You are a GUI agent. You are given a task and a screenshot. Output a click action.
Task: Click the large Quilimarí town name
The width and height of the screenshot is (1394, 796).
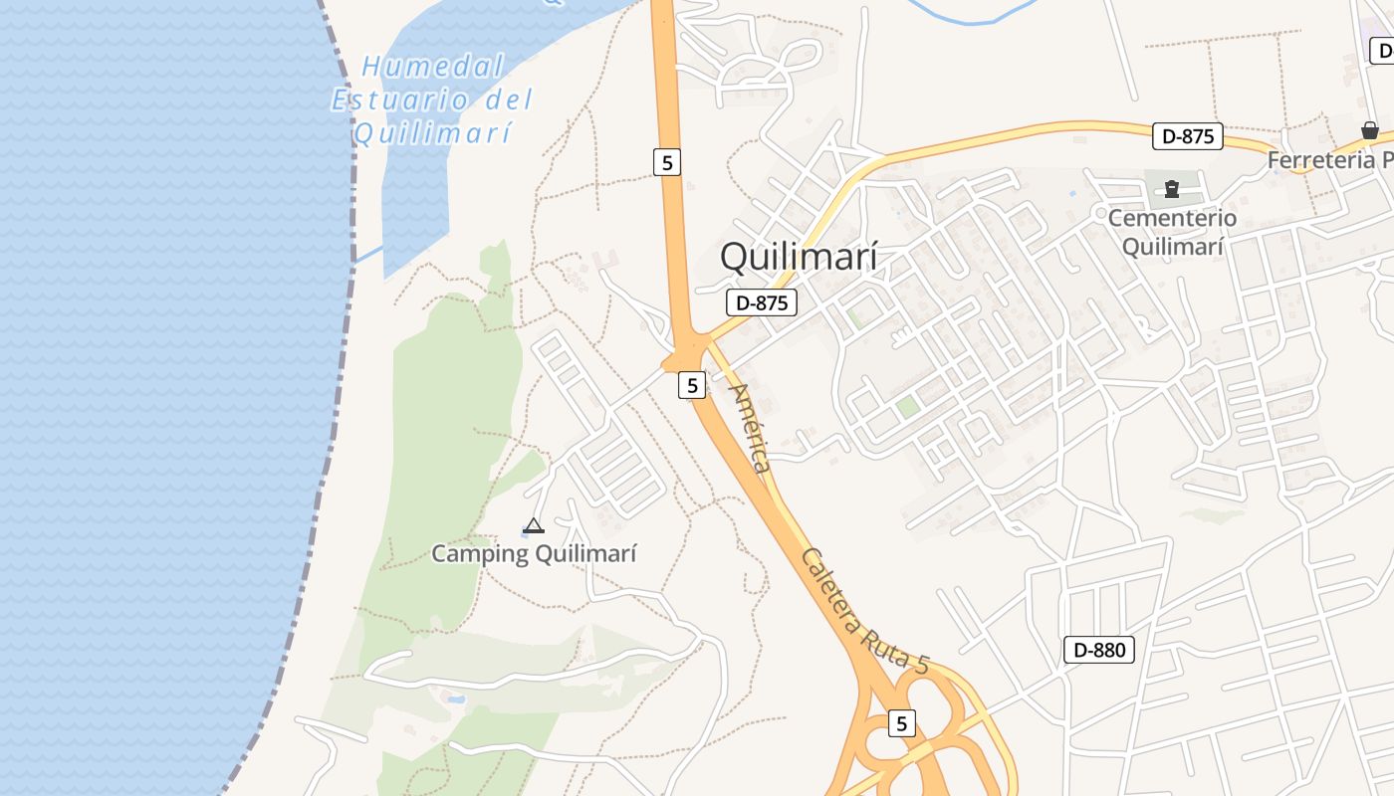pos(799,257)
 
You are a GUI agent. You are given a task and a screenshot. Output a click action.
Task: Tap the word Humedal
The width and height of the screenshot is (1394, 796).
pos(433,67)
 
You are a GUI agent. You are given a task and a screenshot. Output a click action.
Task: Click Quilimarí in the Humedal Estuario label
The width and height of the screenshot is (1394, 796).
pos(433,132)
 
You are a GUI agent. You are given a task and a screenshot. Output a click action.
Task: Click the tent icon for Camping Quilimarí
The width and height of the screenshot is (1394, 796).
pos(534,525)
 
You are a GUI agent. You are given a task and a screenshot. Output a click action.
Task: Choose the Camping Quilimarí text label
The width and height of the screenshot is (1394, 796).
pos(534,553)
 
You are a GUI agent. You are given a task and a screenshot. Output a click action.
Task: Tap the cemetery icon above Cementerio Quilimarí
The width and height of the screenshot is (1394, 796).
pos(1172,188)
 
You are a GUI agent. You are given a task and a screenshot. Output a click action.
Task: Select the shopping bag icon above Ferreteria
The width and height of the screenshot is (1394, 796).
pos(1370,130)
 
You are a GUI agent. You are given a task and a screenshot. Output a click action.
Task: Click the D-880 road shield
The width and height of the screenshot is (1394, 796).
pos(1099,651)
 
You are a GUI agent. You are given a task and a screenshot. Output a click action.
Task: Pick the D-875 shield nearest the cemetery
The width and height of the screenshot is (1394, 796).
pos(1187,136)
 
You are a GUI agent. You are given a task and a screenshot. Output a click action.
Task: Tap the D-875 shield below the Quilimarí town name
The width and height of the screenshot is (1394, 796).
pos(762,303)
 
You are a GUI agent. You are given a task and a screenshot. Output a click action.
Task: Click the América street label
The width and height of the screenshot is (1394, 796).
pos(751,428)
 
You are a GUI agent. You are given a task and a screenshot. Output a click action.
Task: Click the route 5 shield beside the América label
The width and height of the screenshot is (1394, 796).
pos(692,384)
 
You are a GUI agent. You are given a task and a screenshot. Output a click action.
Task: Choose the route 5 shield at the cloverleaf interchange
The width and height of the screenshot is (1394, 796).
pos(901,723)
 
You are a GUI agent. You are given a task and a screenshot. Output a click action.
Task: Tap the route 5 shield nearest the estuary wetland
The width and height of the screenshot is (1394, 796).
pos(667,162)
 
